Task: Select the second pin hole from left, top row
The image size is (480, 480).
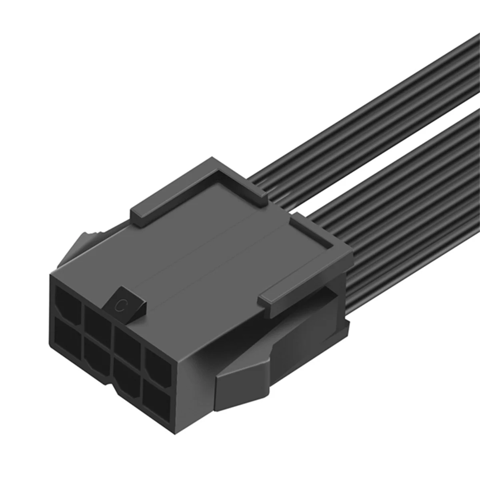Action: (97, 316)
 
